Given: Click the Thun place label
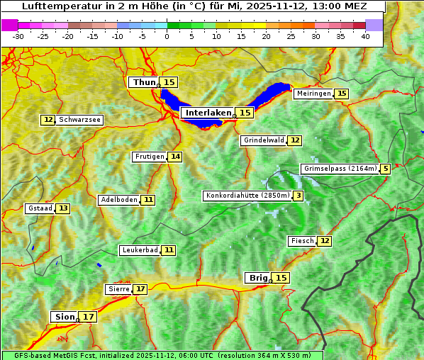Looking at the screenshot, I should [144, 83].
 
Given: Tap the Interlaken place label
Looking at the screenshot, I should [208, 113].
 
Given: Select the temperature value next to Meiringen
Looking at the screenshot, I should [342, 94].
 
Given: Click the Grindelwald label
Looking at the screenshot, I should [264, 140].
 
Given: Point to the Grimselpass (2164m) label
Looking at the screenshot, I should [340, 169].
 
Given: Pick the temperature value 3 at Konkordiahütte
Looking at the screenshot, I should [299, 196].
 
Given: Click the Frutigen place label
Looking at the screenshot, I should [149, 157].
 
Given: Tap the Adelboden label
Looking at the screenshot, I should [118, 200].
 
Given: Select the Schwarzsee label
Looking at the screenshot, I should [79, 120].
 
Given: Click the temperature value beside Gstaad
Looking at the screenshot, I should [63, 208].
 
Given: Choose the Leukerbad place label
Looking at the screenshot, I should [139, 250].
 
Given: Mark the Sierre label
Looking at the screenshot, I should [118, 289].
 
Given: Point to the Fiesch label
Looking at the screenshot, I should [302, 241].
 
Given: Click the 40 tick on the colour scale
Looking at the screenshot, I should [365, 35].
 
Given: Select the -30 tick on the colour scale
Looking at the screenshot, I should [18, 35].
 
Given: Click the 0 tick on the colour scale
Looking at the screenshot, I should [167, 35].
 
